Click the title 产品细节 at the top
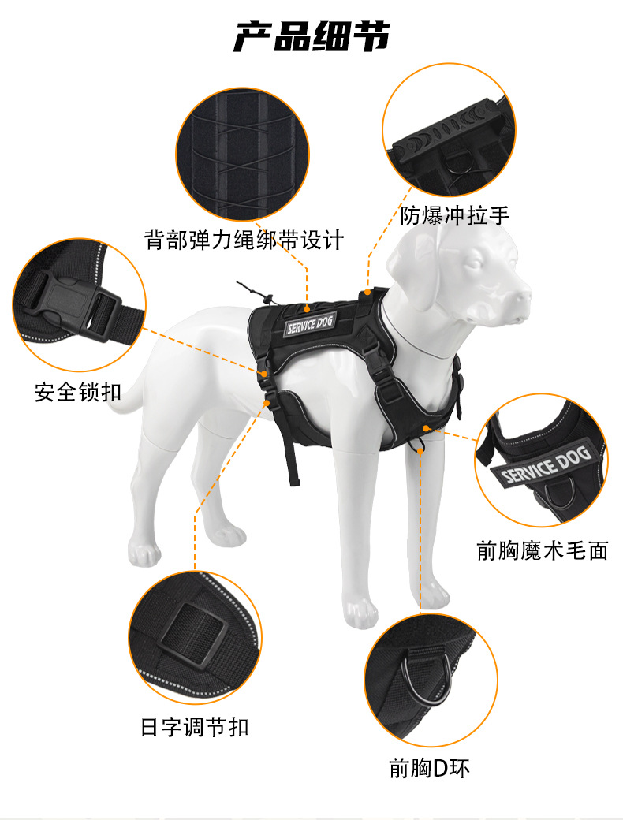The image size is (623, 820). (x=311, y=36)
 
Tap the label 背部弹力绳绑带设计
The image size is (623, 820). (x=244, y=240)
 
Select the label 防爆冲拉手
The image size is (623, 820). (x=454, y=215)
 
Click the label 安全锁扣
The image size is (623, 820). (x=77, y=392)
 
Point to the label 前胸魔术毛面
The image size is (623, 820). (x=542, y=550)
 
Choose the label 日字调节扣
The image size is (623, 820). (x=195, y=727)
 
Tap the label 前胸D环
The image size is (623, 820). (x=430, y=768)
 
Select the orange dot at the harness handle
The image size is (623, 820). (x=368, y=291)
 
